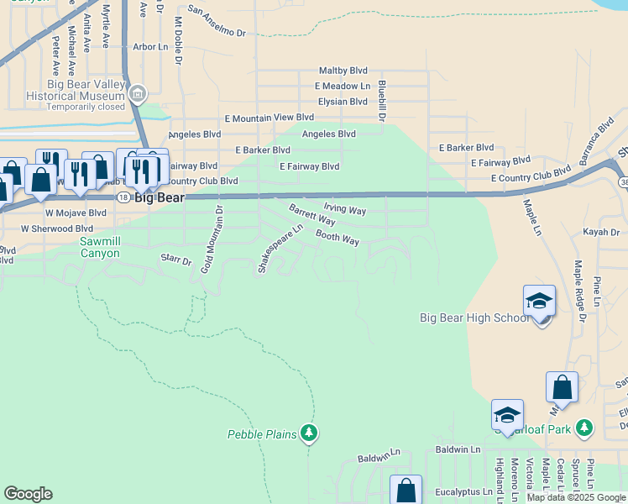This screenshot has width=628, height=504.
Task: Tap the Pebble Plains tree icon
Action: pyautogui.click(x=310, y=433)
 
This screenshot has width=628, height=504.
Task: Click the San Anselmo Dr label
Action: pyautogui.click(x=217, y=22)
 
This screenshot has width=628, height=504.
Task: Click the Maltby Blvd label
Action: pyautogui.click(x=343, y=71)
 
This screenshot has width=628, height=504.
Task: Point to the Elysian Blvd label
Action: pyautogui.click(x=342, y=101)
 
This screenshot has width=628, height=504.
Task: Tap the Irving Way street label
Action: pyautogui.click(x=344, y=209)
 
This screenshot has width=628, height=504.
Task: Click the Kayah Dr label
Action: pyautogui.click(x=602, y=231)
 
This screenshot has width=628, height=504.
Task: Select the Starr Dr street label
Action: pyautogui.click(x=176, y=262)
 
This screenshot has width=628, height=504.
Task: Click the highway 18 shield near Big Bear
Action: pyautogui.click(x=123, y=197)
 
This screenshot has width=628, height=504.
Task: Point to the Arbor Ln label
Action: pyautogui.click(x=150, y=47)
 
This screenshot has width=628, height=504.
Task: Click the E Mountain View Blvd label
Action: pyautogui.click(x=269, y=118)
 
